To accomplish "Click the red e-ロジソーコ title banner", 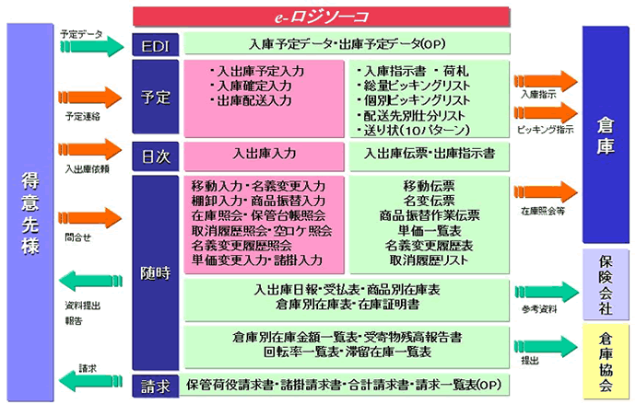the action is [x=322, y=17].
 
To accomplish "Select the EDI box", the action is [x=156, y=44].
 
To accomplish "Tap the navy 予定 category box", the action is [x=156, y=97].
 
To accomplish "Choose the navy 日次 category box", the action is [x=156, y=156].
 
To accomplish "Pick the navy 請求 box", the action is [x=156, y=387].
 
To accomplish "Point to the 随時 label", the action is [x=156, y=273].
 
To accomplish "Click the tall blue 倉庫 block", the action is [x=606, y=134].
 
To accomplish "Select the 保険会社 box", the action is [x=606, y=284].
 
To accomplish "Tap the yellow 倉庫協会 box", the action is [x=606, y=362].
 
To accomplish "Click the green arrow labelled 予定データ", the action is [x=92, y=47].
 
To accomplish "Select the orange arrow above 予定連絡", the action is [x=90, y=98].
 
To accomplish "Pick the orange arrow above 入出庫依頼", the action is [x=90, y=149].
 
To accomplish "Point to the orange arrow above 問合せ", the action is [x=90, y=218].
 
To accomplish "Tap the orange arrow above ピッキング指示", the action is [x=546, y=112].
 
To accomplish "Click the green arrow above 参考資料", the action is [x=547, y=292].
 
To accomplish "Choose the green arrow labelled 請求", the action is [x=90, y=381].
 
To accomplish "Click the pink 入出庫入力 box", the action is [x=264, y=156].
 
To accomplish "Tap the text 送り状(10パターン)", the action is [x=414, y=131].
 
